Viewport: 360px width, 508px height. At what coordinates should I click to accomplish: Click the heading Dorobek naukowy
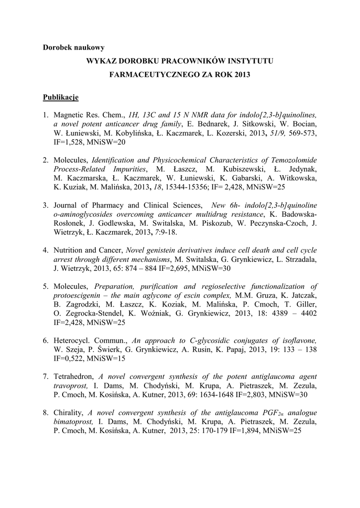pos(73,48)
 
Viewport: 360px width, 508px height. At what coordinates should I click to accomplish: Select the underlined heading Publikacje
pos(61,97)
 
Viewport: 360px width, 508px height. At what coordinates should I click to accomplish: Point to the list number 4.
pos(45,250)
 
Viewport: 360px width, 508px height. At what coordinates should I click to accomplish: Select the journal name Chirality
pos(69,412)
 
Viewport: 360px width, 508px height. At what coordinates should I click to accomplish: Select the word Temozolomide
pos(290,160)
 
